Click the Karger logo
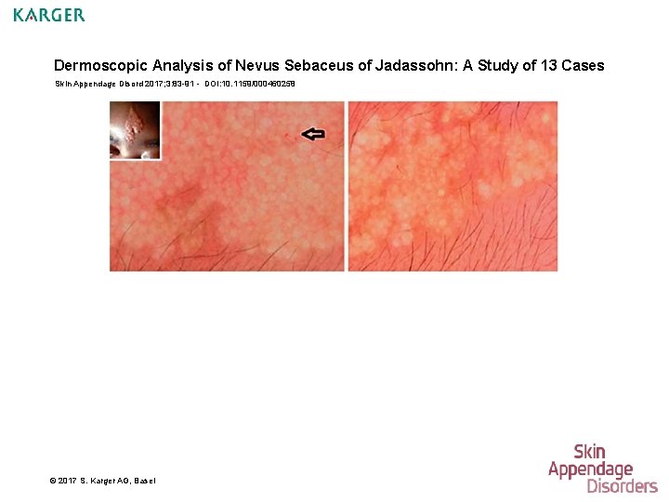pos(49,15)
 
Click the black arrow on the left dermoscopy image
pos(314,134)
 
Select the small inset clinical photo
pos(135,130)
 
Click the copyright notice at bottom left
pos(102,480)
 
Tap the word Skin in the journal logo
pos(589,453)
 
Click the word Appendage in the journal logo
pos(590,469)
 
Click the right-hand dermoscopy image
pos(453,186)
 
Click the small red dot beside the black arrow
pos(288,136)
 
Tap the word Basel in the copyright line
pos(145,480)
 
